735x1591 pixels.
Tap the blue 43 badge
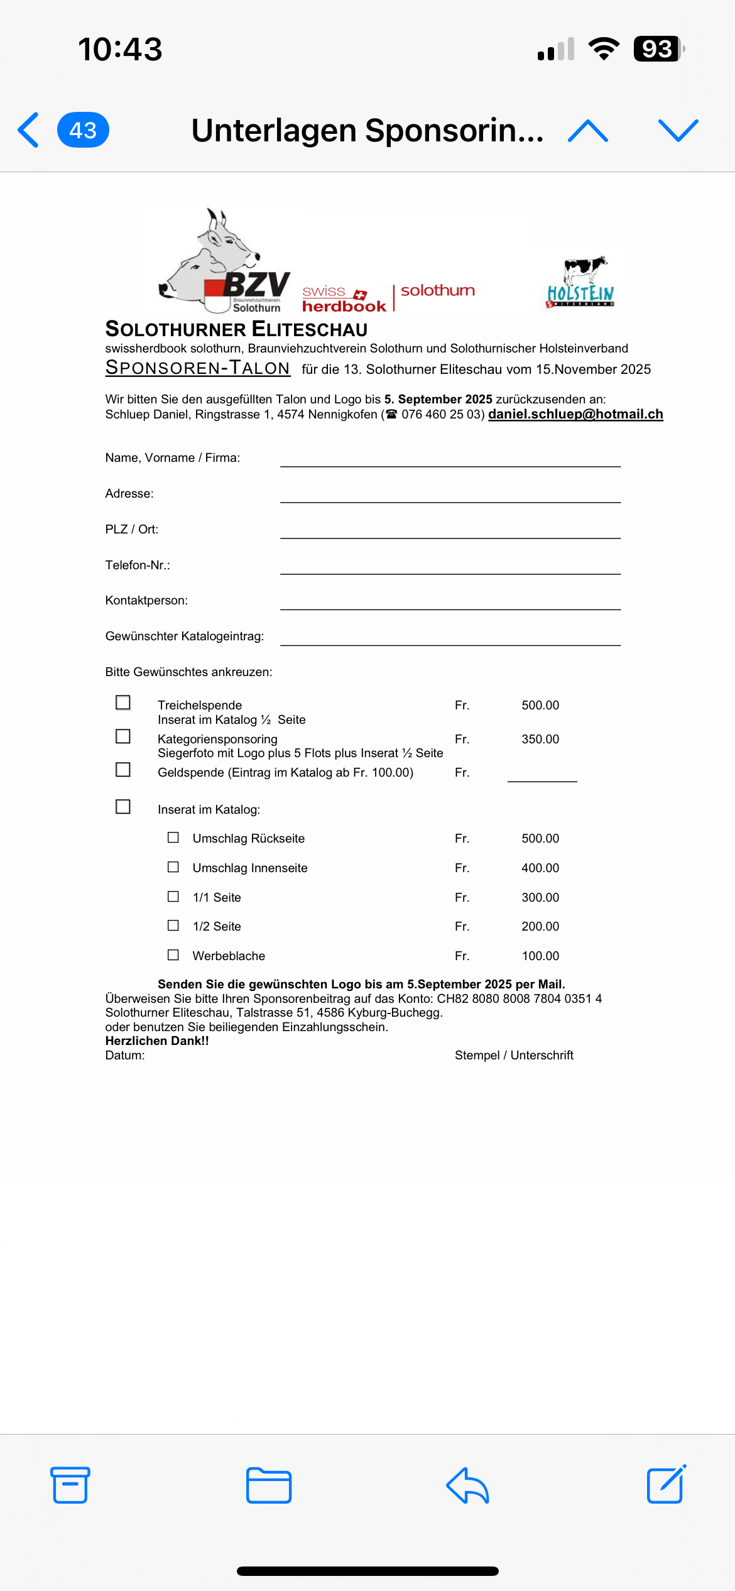83,130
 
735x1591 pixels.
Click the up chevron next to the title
587,131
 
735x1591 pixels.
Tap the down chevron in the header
678,131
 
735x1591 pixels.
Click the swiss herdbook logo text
344,299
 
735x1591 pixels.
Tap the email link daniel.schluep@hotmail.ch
575,414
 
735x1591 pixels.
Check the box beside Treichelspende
123,703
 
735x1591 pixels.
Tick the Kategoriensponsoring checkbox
123,736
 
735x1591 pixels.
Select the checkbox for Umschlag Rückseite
173,838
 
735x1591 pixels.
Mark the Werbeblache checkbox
173,955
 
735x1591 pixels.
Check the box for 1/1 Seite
173,897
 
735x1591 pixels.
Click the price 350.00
540,739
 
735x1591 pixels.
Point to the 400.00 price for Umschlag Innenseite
540,868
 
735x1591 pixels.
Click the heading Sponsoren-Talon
197,368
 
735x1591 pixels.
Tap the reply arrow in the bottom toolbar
467,1485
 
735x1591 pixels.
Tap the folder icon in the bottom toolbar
269,1485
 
